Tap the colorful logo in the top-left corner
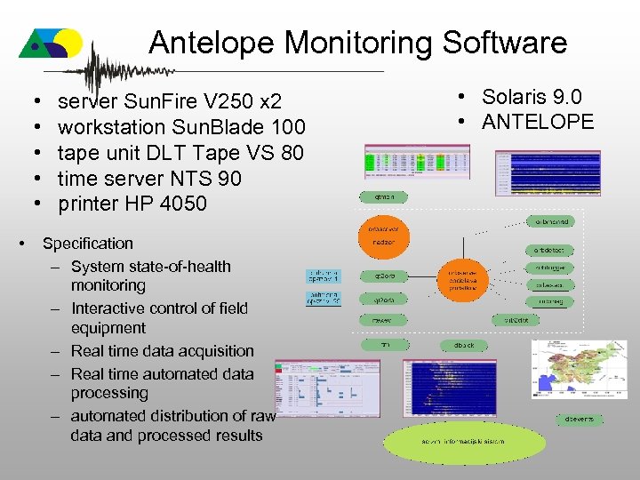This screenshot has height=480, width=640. click(x=52, y=42)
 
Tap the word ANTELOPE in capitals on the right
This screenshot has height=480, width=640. click(x=538, y=122)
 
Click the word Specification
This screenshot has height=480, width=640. click(x=87, y=244)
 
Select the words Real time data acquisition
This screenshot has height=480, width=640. click(x=162, y=351)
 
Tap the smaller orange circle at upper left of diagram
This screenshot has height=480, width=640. click(x=384, y=235)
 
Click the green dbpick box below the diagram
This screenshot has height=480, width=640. click(x=463, y=344)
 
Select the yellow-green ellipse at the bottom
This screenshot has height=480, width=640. click(x=452, y=441)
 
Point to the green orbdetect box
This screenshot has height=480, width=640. click(x=548, y=250)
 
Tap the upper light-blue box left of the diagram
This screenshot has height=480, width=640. click(x=323, y=276)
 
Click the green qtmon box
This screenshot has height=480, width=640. click(x=384, y=196)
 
